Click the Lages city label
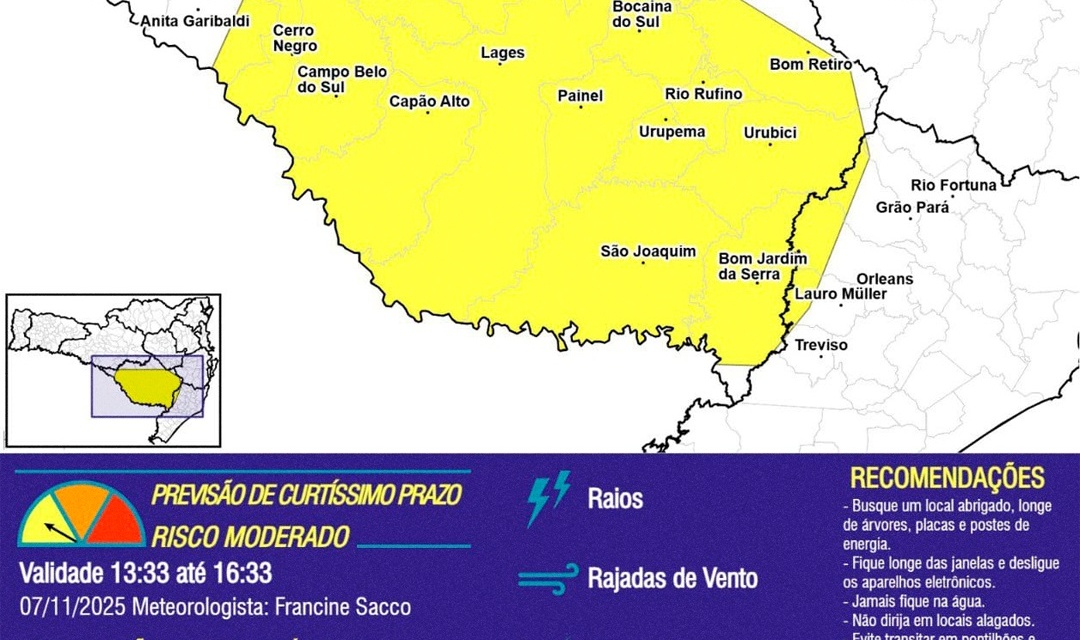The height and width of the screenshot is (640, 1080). [x=502, y=54]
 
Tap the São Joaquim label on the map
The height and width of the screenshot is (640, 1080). [x=647, y=252]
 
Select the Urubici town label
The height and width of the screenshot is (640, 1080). [x=769, y=132]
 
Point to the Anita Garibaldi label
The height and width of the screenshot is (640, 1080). [x=195, y=21]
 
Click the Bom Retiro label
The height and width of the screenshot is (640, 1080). [x=810, y=64]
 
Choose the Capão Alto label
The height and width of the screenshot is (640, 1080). [x=429, y=101]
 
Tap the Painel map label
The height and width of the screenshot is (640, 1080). [x=580, y=96]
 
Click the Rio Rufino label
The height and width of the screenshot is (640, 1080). [x=704, y=94]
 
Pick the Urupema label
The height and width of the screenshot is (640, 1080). [x=672, y=131]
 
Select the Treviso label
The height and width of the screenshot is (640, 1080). [x=821, y=345]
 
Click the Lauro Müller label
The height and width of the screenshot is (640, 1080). [x=840, y=294]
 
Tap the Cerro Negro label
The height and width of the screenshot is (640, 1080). [x=295, y=39]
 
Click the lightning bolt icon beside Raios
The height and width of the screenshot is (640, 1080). [x=548, y=498]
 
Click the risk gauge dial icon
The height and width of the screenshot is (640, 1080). [x=81, y=515]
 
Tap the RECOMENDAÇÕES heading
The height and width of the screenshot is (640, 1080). [x=946, y=478]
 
